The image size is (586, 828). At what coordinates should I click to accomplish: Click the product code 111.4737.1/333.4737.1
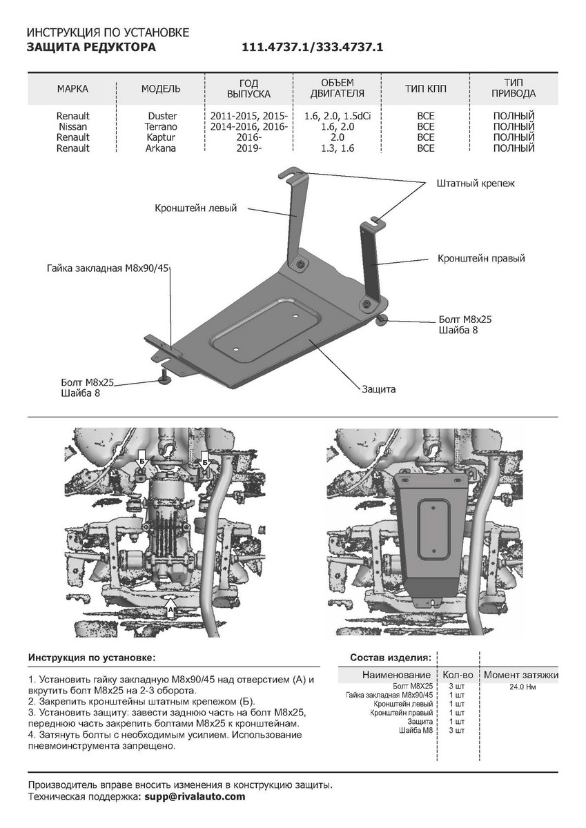312,48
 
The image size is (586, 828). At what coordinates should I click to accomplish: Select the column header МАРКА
72,89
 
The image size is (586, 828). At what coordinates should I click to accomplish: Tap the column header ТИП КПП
426,89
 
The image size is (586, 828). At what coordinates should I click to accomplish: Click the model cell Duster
162,117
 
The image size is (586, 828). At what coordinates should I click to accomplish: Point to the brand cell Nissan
72,127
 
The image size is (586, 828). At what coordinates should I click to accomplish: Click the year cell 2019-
248,148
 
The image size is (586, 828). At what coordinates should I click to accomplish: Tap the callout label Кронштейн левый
196,208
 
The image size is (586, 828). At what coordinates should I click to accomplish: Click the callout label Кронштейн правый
481,259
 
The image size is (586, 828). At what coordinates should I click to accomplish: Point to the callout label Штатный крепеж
476,184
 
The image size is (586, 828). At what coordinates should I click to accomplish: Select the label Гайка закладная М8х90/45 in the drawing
108,268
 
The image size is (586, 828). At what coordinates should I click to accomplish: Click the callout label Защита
378,389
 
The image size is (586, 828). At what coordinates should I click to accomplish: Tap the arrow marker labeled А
170,610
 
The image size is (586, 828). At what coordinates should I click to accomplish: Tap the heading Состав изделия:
391,657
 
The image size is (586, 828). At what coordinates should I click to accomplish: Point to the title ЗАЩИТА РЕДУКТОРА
91,48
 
